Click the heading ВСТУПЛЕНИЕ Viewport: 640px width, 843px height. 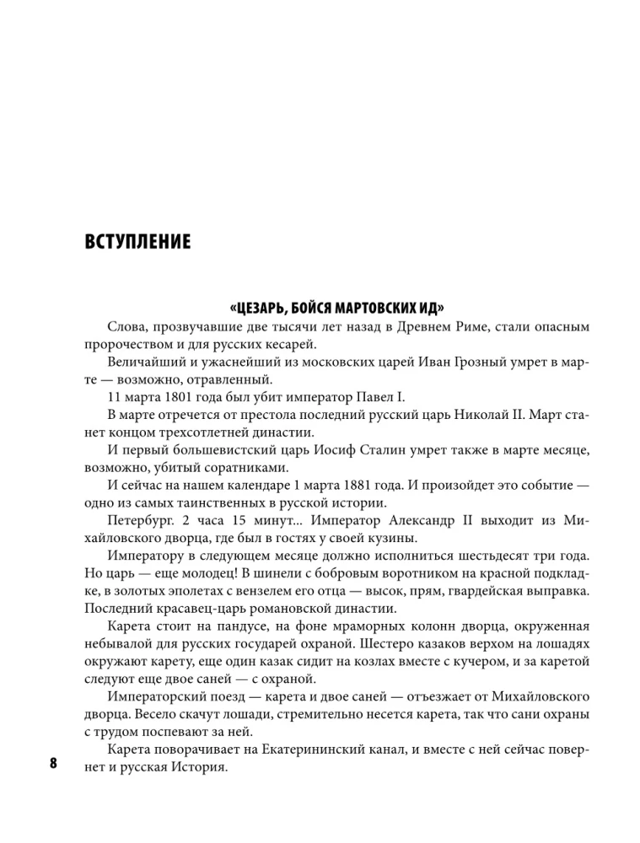[x=137, y=244]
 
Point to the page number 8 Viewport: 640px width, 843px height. [x=53, y=765]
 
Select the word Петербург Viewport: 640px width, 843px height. [x=143, y=520]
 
